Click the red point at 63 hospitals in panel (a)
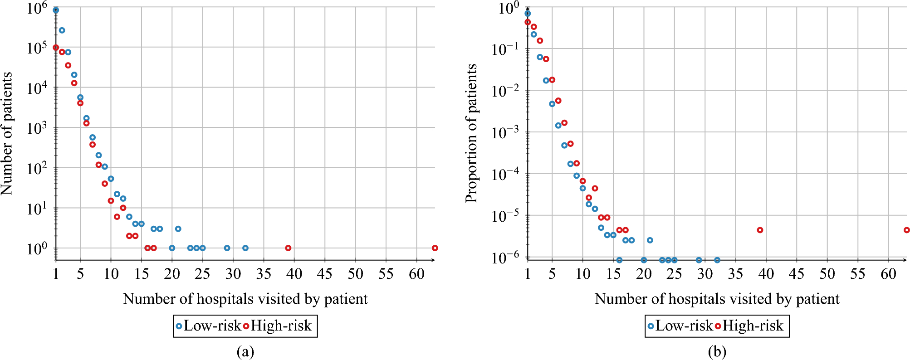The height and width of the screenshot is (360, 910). click(435, 248)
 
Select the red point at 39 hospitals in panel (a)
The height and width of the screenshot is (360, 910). click(288, 248)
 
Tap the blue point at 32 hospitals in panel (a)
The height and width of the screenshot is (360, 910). click(245, 248)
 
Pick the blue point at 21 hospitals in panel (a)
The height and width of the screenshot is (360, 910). click(178, 229)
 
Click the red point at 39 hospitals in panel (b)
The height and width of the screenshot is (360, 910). click(760, 230)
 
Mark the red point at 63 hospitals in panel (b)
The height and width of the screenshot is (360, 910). click(906, 230)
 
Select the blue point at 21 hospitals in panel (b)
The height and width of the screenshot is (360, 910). click(650, 240)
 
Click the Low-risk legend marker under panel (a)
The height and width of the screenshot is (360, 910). click(179, 326)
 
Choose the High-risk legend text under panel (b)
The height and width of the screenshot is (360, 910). click(753, 326)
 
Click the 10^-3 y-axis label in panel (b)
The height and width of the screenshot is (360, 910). click(506, 132)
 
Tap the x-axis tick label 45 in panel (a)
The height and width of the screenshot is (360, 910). click(325, 274)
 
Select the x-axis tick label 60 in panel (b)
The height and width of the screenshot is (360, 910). click(888, 274)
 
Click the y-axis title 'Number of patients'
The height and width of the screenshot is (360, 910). click(7, 134)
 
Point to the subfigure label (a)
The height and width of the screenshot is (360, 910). click(245, 351)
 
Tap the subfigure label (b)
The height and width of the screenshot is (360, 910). click(717, 351)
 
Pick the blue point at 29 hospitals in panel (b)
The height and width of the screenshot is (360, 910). click(699, 260)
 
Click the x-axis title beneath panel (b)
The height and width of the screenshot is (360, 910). click(717, 299)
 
